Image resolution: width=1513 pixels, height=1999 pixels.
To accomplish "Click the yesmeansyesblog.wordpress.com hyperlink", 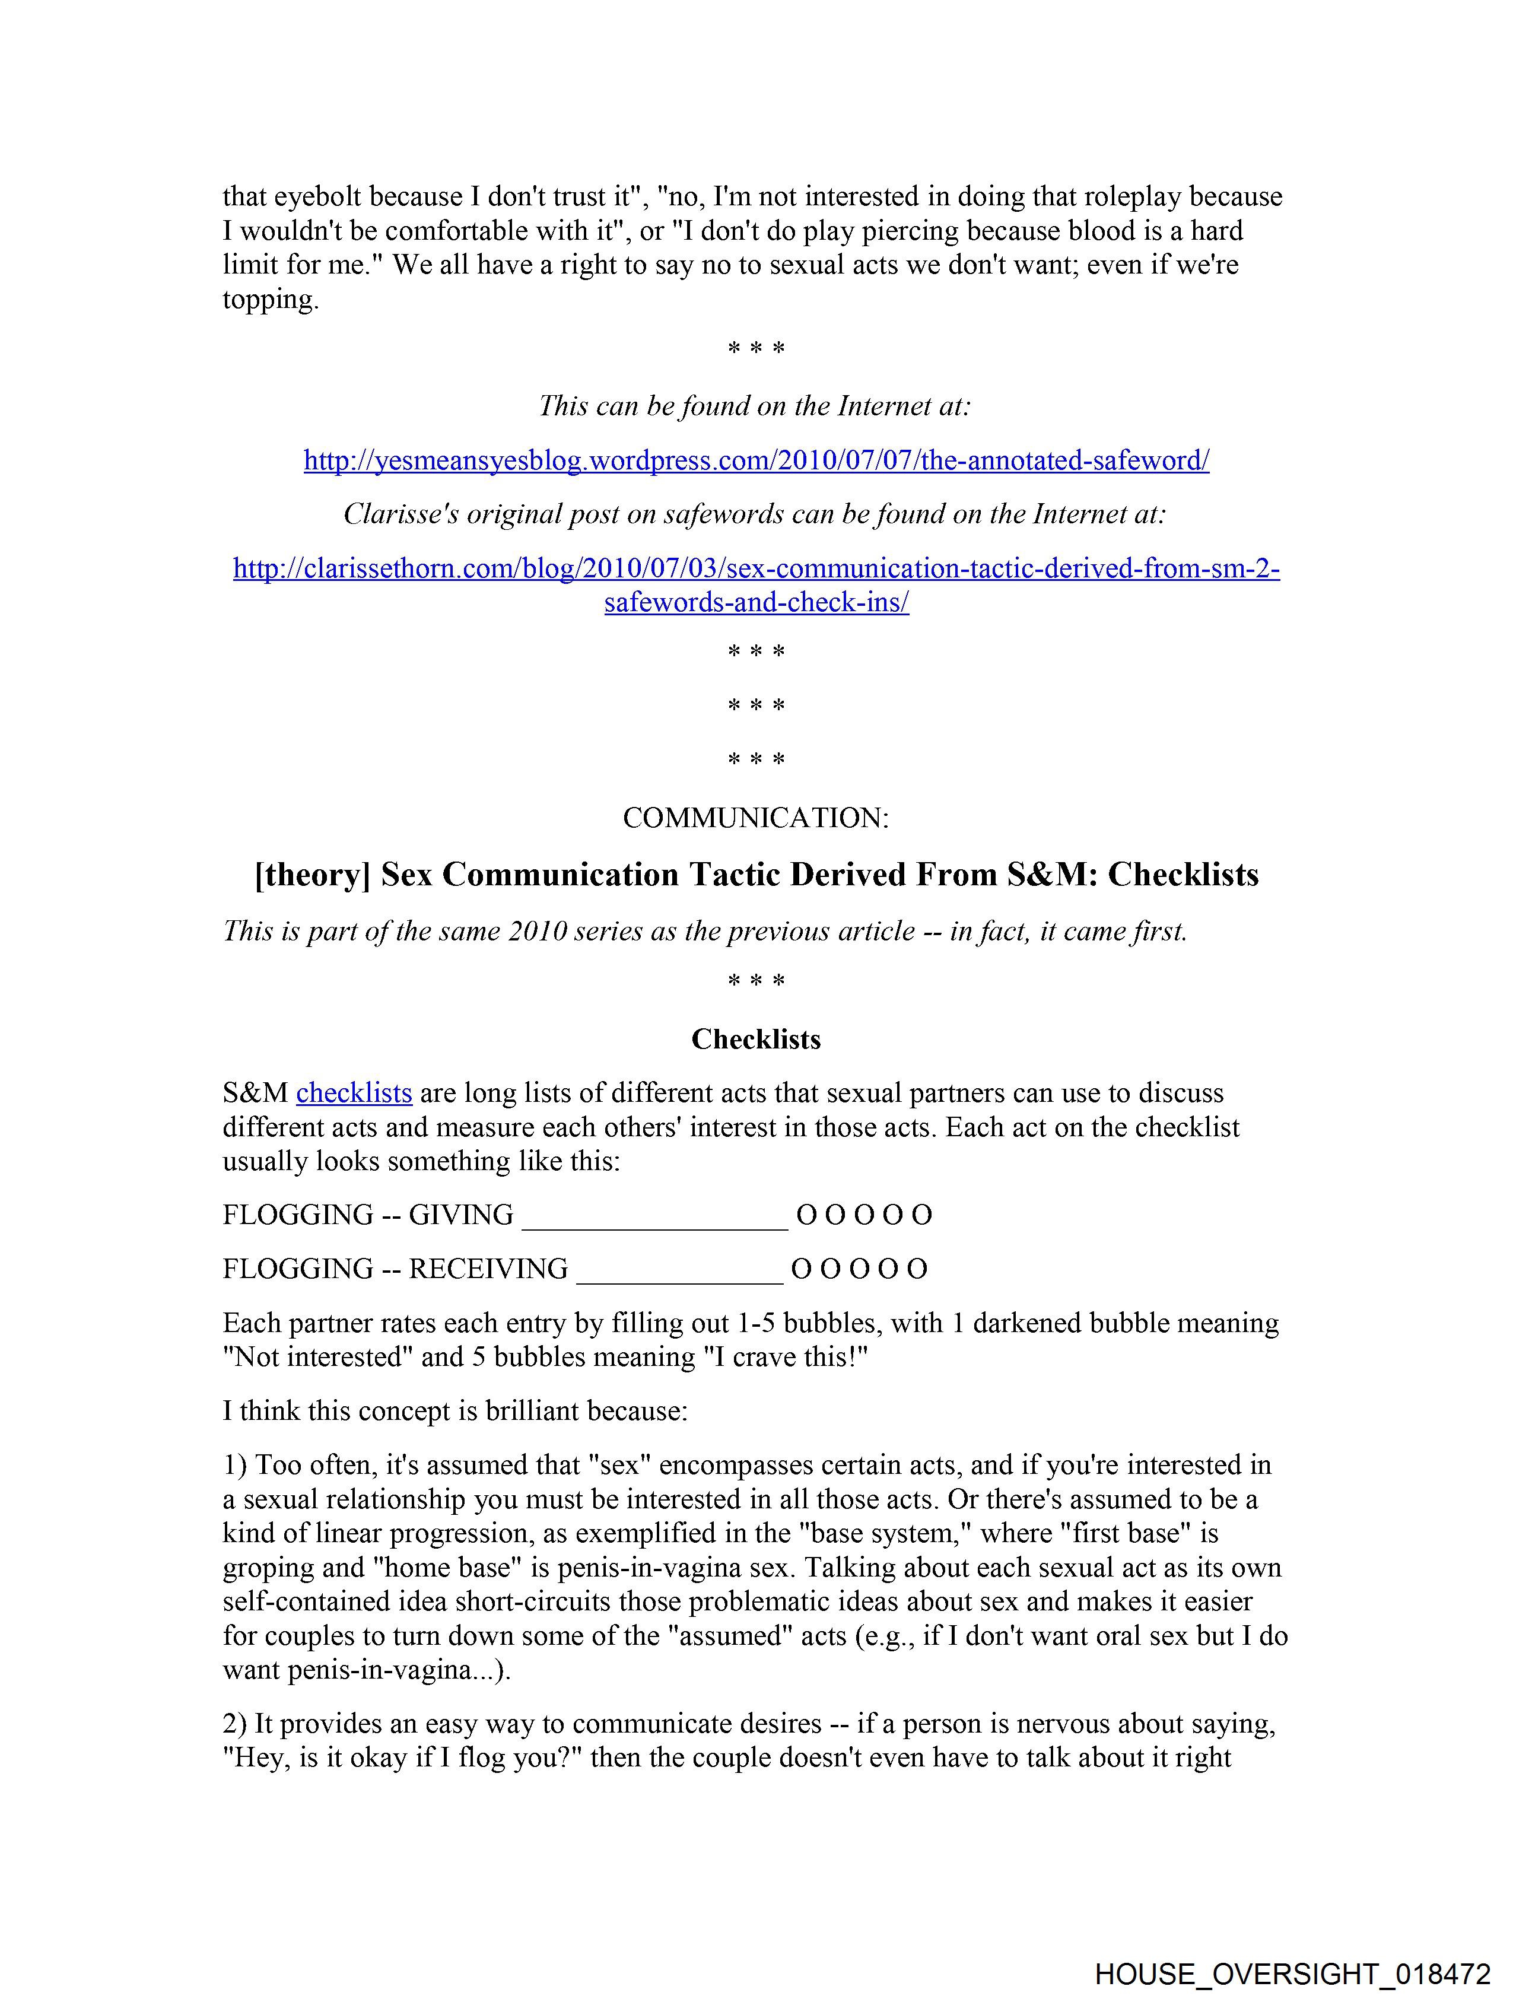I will click(x=755, y=461).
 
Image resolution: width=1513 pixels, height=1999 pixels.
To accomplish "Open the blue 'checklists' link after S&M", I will click(x=354, y=1094).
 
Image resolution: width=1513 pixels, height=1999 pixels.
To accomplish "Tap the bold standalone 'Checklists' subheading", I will click(x=755, y=1040).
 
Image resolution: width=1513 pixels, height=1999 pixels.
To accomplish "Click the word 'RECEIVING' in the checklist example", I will click(x=488, y=1269).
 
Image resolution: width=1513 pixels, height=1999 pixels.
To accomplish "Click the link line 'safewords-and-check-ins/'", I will click(x=755, y=603).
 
